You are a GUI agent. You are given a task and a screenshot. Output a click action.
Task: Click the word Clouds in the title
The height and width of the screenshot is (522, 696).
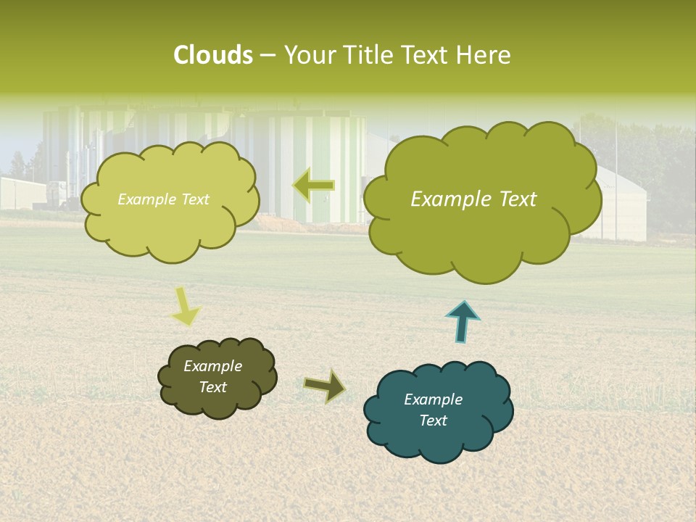213,55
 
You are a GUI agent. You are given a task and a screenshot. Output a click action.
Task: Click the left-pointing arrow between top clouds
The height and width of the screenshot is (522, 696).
313,186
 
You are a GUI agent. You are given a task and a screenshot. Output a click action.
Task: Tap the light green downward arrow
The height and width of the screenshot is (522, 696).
186,306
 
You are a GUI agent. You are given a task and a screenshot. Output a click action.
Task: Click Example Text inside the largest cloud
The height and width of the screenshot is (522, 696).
473,199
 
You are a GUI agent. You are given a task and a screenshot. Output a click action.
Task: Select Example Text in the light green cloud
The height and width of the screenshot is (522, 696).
163,199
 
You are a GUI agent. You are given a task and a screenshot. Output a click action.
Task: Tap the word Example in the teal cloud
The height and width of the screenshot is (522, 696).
433,399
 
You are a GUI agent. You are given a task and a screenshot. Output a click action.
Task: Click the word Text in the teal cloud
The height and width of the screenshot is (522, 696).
433,420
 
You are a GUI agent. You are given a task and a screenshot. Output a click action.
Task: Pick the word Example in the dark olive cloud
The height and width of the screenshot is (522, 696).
212,366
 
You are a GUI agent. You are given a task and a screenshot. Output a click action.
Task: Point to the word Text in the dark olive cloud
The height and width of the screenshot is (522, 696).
212,387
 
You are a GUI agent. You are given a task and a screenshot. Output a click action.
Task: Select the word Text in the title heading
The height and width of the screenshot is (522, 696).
428,55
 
